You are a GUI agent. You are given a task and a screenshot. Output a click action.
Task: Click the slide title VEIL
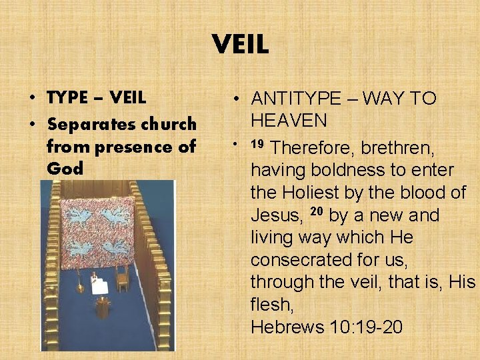pyautogui.click(x=240, y=45)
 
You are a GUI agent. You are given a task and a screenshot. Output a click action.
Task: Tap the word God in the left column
pyautogui.click(x=65, y=168)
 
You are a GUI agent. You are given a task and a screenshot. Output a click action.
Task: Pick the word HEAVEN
pyautogui.click(x=289, y=121)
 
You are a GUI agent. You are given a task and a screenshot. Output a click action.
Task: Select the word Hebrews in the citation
pyautogui.click(x=287, y=327)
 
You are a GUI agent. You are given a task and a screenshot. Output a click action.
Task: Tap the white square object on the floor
pyautogui.click(x=99, y=287)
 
